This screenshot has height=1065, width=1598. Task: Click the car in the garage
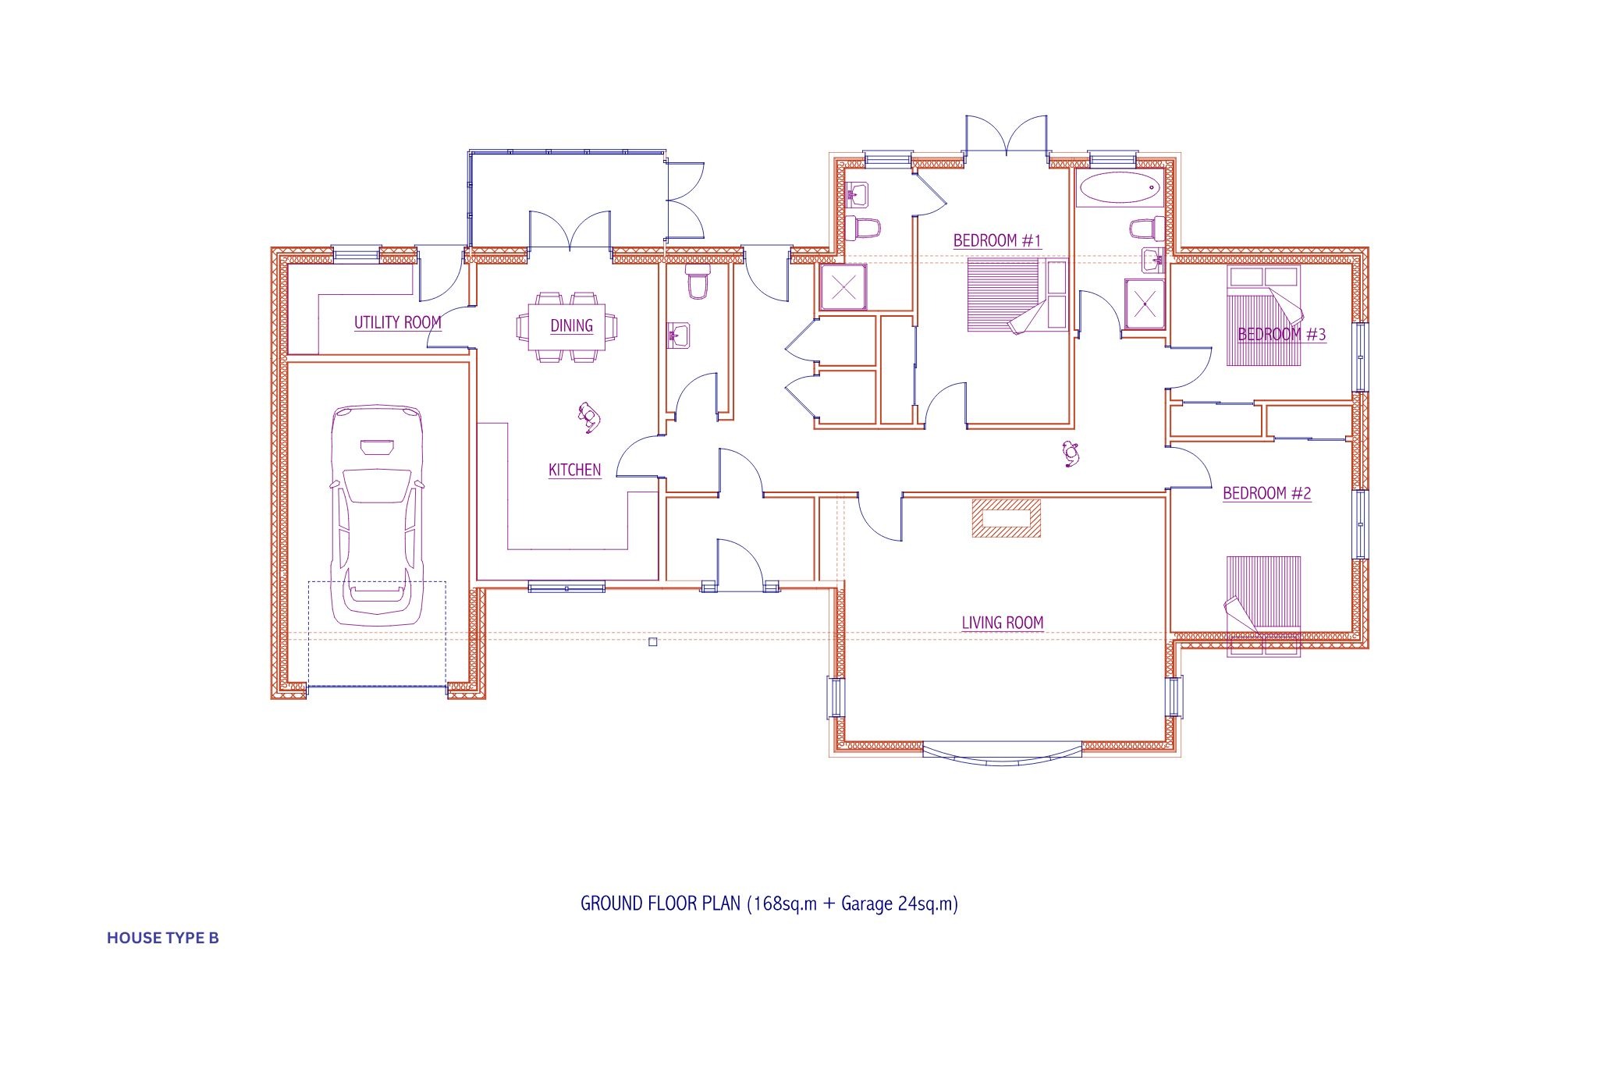pos(377,515)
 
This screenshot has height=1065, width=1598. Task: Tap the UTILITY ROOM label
pos(398,322)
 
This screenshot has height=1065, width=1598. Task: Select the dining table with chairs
pos(566,327)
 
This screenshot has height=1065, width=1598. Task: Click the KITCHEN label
pos(575,470)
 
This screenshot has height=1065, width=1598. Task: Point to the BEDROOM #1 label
pos(997,240)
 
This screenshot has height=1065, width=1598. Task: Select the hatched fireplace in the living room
pos(1006,518)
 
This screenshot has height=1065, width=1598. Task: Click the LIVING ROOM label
pos(1003,623)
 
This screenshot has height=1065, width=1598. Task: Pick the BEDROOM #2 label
pos(1267,493)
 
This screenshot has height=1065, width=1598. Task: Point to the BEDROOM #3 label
pos(1282,335)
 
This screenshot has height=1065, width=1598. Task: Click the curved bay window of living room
pos(1003,758)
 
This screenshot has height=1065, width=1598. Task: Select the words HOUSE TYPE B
pos(163,938)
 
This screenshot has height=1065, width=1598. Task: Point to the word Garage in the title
pos(867,904)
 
